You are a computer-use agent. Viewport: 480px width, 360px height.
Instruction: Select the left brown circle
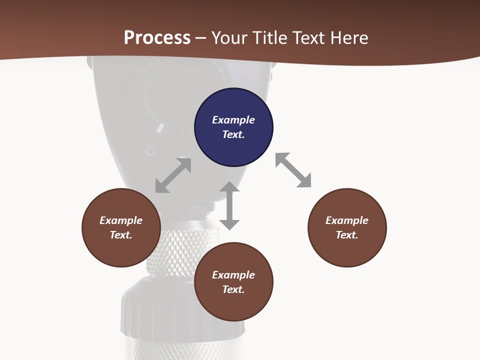(x=121, y=227)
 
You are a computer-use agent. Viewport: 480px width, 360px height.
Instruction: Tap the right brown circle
(x=347, y=227)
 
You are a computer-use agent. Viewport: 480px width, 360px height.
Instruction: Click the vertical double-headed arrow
(x=229, y=205)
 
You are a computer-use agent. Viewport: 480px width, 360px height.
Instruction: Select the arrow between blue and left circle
(x=173, y=175)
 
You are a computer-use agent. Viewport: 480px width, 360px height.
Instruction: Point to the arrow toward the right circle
(x=293, y=170)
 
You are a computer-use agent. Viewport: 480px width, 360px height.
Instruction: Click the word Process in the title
(x=157, y=37)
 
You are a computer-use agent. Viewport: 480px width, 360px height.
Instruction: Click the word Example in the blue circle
(x=233, y=120)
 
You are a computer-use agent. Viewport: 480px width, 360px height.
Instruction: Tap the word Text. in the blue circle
(x=233, y=134)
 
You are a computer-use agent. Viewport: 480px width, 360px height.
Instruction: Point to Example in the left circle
(x=121, y=220)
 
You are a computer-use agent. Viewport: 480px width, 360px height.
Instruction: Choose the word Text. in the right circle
(x=347, y=235)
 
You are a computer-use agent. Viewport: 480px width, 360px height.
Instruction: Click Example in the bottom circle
(x=233, y=275)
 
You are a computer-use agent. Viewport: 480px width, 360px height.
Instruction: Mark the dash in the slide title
(x=201, y=38)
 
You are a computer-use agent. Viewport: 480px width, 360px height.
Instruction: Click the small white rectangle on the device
(x=160, y=128)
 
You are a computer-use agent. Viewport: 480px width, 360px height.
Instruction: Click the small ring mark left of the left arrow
(x=150, y=151)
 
